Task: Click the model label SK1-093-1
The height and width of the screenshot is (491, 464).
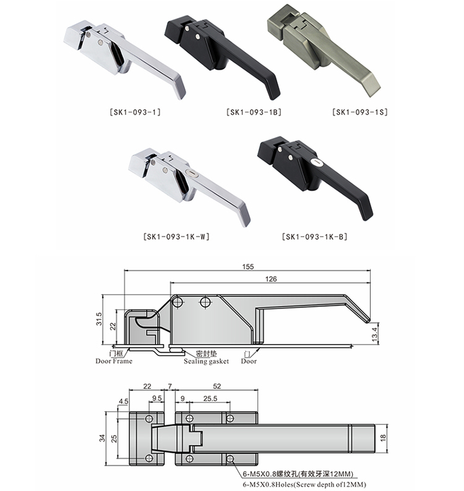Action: pos(135,112)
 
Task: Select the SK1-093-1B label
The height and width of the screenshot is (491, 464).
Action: pos(254,112)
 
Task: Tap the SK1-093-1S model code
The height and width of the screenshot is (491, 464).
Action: pos(360,112)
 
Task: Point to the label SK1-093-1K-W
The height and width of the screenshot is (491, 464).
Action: pos(176,237)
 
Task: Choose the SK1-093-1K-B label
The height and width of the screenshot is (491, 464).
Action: pos(315,237)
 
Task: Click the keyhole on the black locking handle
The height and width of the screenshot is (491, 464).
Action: pos(317,162)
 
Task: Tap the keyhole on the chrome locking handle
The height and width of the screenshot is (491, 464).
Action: pos(190,173)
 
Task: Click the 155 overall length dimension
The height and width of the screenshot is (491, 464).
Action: pos(248,267)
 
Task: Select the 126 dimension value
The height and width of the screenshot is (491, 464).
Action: pos(271,279)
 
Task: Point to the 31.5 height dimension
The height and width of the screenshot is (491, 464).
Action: pos(99,319)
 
